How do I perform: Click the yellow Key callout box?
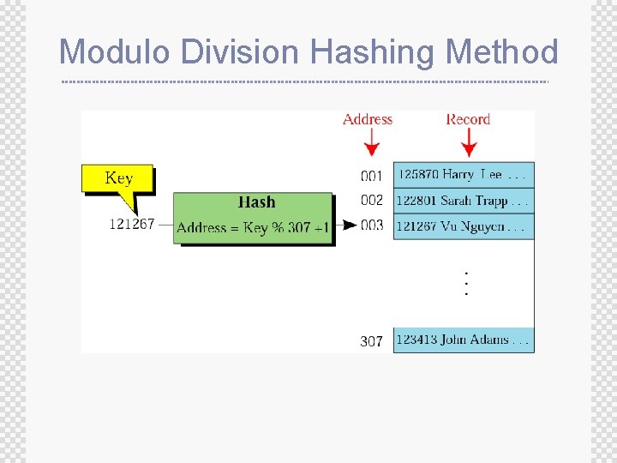coord(118,178)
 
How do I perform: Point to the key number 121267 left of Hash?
coord(131,224)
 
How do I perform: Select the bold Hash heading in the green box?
coord(256,202)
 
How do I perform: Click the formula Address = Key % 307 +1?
coord(253,228)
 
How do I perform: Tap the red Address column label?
coord(368,119)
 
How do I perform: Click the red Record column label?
coord(468,119)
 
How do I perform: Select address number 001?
coord(371,176)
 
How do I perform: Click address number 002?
coord(371,200)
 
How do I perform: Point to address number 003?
coord(372,225)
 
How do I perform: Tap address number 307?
coord(371,341)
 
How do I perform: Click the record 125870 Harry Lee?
coord(463,175)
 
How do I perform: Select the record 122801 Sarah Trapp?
coord(463,201)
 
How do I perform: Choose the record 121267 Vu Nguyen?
coord(463,226)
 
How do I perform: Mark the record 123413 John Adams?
coord(463,340)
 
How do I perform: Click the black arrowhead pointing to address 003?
coord(350,225)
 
